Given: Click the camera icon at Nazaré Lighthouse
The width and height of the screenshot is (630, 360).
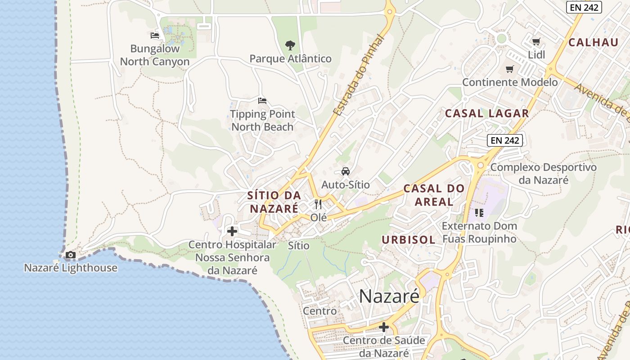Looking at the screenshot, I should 70,255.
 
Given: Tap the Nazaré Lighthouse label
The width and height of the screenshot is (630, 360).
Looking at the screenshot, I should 71,268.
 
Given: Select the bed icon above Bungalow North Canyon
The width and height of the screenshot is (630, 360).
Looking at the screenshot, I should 155,35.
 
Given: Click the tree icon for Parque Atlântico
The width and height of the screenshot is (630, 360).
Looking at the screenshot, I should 290,45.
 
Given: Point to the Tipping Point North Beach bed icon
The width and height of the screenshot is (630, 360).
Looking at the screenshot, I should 262,100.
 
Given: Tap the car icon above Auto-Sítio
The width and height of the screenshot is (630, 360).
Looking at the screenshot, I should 345,171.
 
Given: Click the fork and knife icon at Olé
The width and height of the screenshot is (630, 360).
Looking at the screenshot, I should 318,204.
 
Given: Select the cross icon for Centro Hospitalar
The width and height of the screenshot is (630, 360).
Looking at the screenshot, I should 232,231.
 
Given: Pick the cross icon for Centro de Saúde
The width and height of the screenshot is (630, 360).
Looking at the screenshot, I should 384,327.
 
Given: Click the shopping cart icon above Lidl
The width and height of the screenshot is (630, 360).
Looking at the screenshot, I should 536,42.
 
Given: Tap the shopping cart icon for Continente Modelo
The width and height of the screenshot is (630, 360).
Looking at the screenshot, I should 510,69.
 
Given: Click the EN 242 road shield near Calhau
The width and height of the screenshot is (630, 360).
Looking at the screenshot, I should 584,7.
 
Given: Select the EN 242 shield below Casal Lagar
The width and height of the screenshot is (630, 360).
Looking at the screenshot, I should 505,140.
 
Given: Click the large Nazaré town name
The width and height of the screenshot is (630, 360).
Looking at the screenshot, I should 389,296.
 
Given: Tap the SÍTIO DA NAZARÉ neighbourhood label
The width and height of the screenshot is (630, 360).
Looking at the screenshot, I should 274,202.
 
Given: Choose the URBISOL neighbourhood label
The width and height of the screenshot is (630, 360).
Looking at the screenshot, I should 409,240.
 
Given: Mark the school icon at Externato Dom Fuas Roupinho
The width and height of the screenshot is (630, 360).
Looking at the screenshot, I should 479,212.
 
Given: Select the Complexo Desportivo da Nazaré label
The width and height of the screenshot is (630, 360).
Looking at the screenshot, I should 544,174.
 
